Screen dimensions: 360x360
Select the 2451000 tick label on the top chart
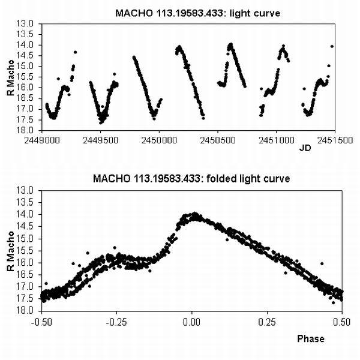276,137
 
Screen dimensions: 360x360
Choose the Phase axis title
311,338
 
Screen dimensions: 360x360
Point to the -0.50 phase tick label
41,321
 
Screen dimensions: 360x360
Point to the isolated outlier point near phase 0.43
322,263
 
